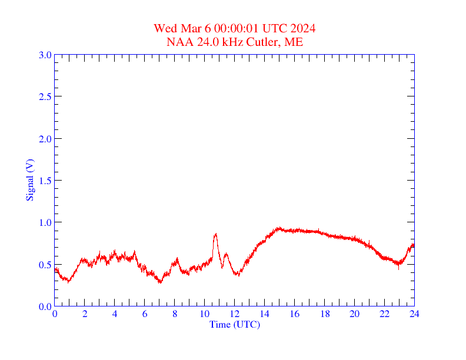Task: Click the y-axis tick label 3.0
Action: pyautogui.click(x=45, y=55)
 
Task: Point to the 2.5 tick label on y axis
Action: pyautogui.click(x=45, y=96)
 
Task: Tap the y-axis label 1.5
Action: pyautogui.click(x=45, y=181)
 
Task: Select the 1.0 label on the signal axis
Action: pyautogui.click(x=45, y=222)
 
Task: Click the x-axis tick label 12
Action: pyautogui.click(x=235, y=314)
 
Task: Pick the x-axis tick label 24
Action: pyautogui.click(x=414, y=314)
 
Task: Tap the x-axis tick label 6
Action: pyautogui.click(x=145, y=314)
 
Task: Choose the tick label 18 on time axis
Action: pyautogui.click(x=325, y=314)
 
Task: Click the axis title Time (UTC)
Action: pyautogui.click(x=235, y=324)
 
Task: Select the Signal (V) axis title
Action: pyautogui.click(x=29, y=180)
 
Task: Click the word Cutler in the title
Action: pyautogui.click(x=262, y=42)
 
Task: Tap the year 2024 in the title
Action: pyautogui.click(x=303, y=28)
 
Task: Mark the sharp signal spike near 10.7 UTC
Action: pyautogui.click(x=215, y=234)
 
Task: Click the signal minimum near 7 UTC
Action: pyautogui.click(x=160, y=282)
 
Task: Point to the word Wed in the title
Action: pyautogui.click(x=165, y=28)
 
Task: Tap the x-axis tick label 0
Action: pyautogui.click(x=55, y=314)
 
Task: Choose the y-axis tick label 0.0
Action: pyautogui.click(x=45, y=306)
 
